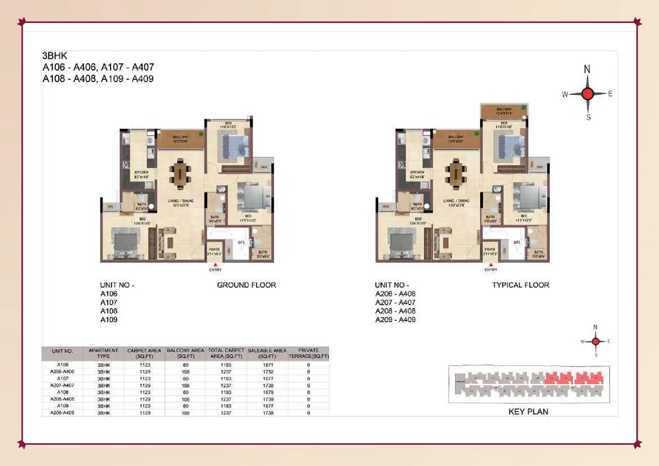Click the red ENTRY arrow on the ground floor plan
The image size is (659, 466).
(x=215, y=265)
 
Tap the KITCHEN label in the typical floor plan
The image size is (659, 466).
(x=417, y=172)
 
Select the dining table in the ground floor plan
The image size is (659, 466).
(x=180, y=173)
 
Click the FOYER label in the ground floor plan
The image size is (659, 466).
(x=215, y=249)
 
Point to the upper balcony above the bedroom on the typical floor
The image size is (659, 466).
(x=504, y=111)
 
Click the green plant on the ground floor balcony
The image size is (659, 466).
(x=201, y=134)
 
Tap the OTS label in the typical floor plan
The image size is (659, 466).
(x=517, y=242)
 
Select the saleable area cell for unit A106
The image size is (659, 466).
(x=268, y=365)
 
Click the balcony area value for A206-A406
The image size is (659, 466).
(x=186, y=372)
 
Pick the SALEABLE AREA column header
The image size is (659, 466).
(x=267, y=353)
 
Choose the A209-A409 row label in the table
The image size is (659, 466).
(x=62, y=413)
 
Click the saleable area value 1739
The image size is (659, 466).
(x=268, y=399)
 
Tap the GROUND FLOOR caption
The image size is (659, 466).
(x=246, y=285)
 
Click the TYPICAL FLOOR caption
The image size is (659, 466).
(x=520, y=285)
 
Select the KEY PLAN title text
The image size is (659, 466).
(x=528, y=412)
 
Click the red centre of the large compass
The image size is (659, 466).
(x=587, y=94)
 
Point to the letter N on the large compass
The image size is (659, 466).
(x=587, y=69)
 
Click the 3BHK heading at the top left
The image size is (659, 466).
(x=55, y=56)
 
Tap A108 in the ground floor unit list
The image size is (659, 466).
(x=109, y=311)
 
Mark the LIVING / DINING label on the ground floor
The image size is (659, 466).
(x=181, y=201)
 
